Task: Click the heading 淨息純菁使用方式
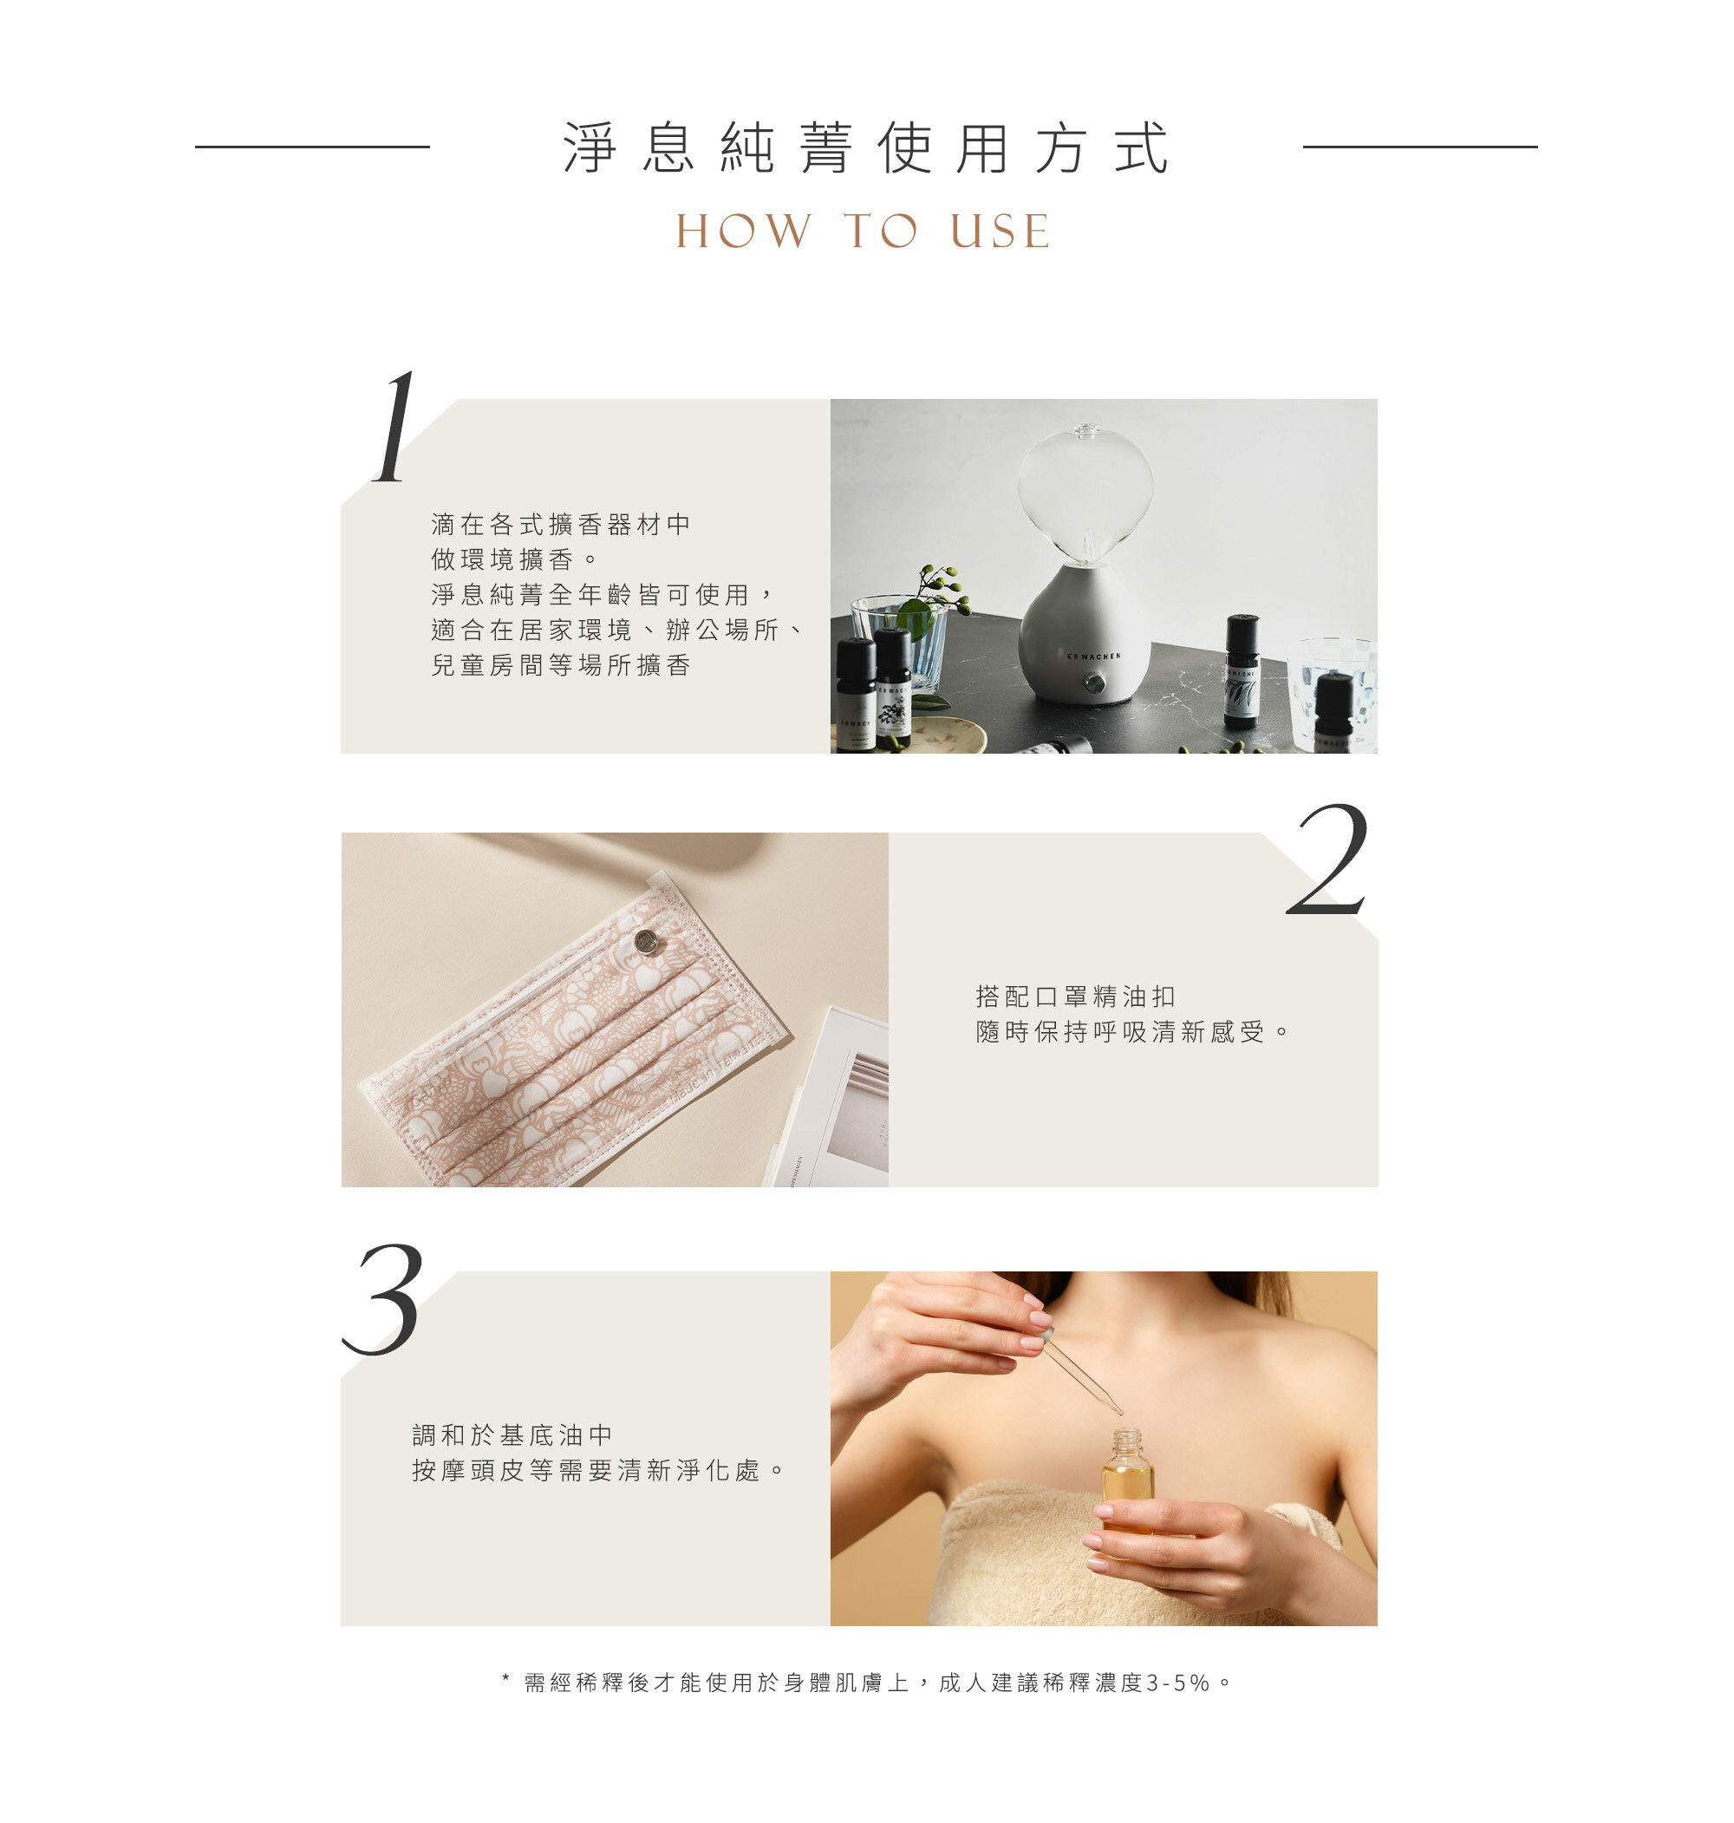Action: (x=866, y=148)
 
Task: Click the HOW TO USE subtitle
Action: (x=864, y=231)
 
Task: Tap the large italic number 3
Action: (x=383, y=1299)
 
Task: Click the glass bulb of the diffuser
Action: (x=1085, y=493)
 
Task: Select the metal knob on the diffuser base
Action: (x=1094, y=683)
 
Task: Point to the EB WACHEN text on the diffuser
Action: (x=1093, y=657)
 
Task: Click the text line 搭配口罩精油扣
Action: (x=1075, y=996)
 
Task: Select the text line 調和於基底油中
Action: (x=512, y=1434)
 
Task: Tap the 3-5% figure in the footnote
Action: (x=1177, y=1683)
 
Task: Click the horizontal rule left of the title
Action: (x=312, y=146)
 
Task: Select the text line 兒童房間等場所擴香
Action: (x=561, y=664)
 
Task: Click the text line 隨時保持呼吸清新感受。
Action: (x=1132, y=1032)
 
